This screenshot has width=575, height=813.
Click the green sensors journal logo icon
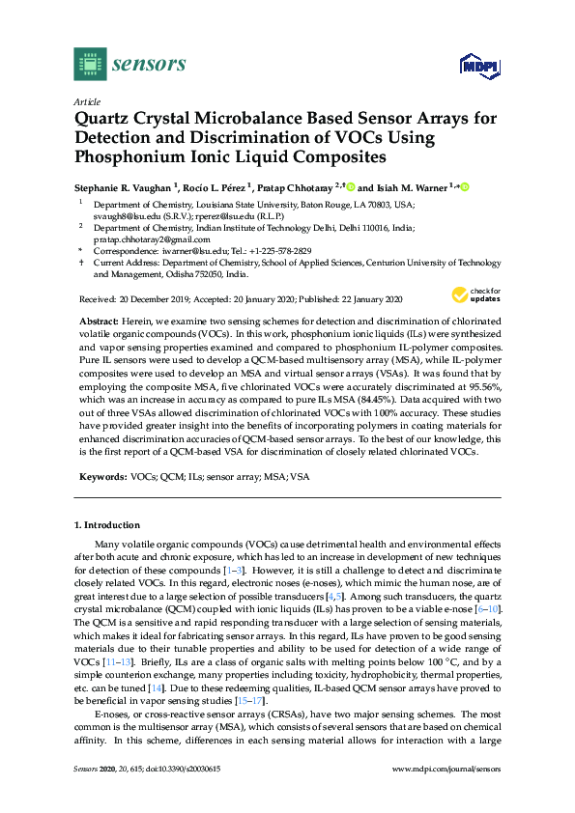[x=90, y=65]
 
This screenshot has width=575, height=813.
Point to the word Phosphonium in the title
[x=134, y=156]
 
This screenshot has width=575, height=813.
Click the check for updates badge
[x=474, y=294]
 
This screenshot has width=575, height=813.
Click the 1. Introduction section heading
[x=106, y=524]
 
